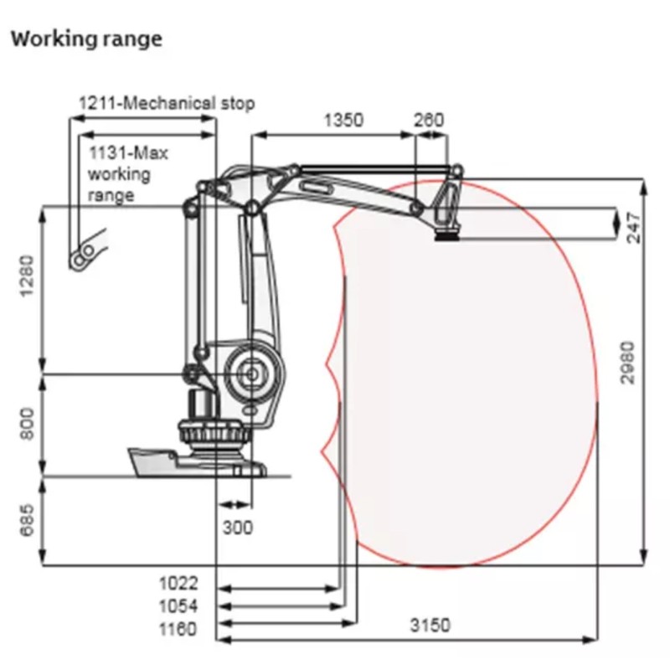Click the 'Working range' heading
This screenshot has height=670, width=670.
tap(86, 39)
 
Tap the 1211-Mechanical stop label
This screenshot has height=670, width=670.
tap(167, 103)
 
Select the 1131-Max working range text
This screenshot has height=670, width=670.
tap(128, 174)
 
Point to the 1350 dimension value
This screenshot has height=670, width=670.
tap(343, 120)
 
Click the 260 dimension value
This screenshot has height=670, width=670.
tap(429, 120)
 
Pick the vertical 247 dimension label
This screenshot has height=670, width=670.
tap(634, 227)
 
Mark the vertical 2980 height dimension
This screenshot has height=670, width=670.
tap(627, 363)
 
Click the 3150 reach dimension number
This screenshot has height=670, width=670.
tap(430, 625)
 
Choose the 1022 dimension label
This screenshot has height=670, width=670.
tap(178, 583)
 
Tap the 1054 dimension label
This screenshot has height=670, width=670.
tap(178, 606)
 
